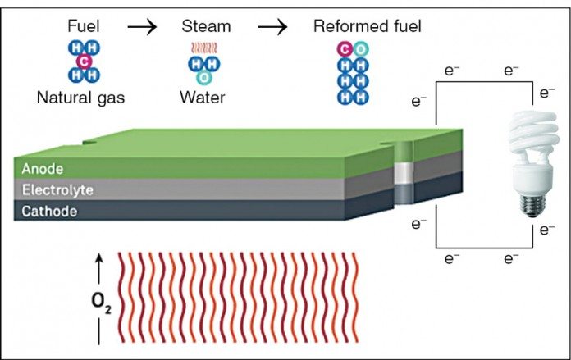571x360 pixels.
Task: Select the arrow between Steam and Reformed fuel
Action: point(274,26)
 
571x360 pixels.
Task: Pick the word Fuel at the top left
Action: point(83,26)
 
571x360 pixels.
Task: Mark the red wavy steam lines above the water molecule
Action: point(202,48)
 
